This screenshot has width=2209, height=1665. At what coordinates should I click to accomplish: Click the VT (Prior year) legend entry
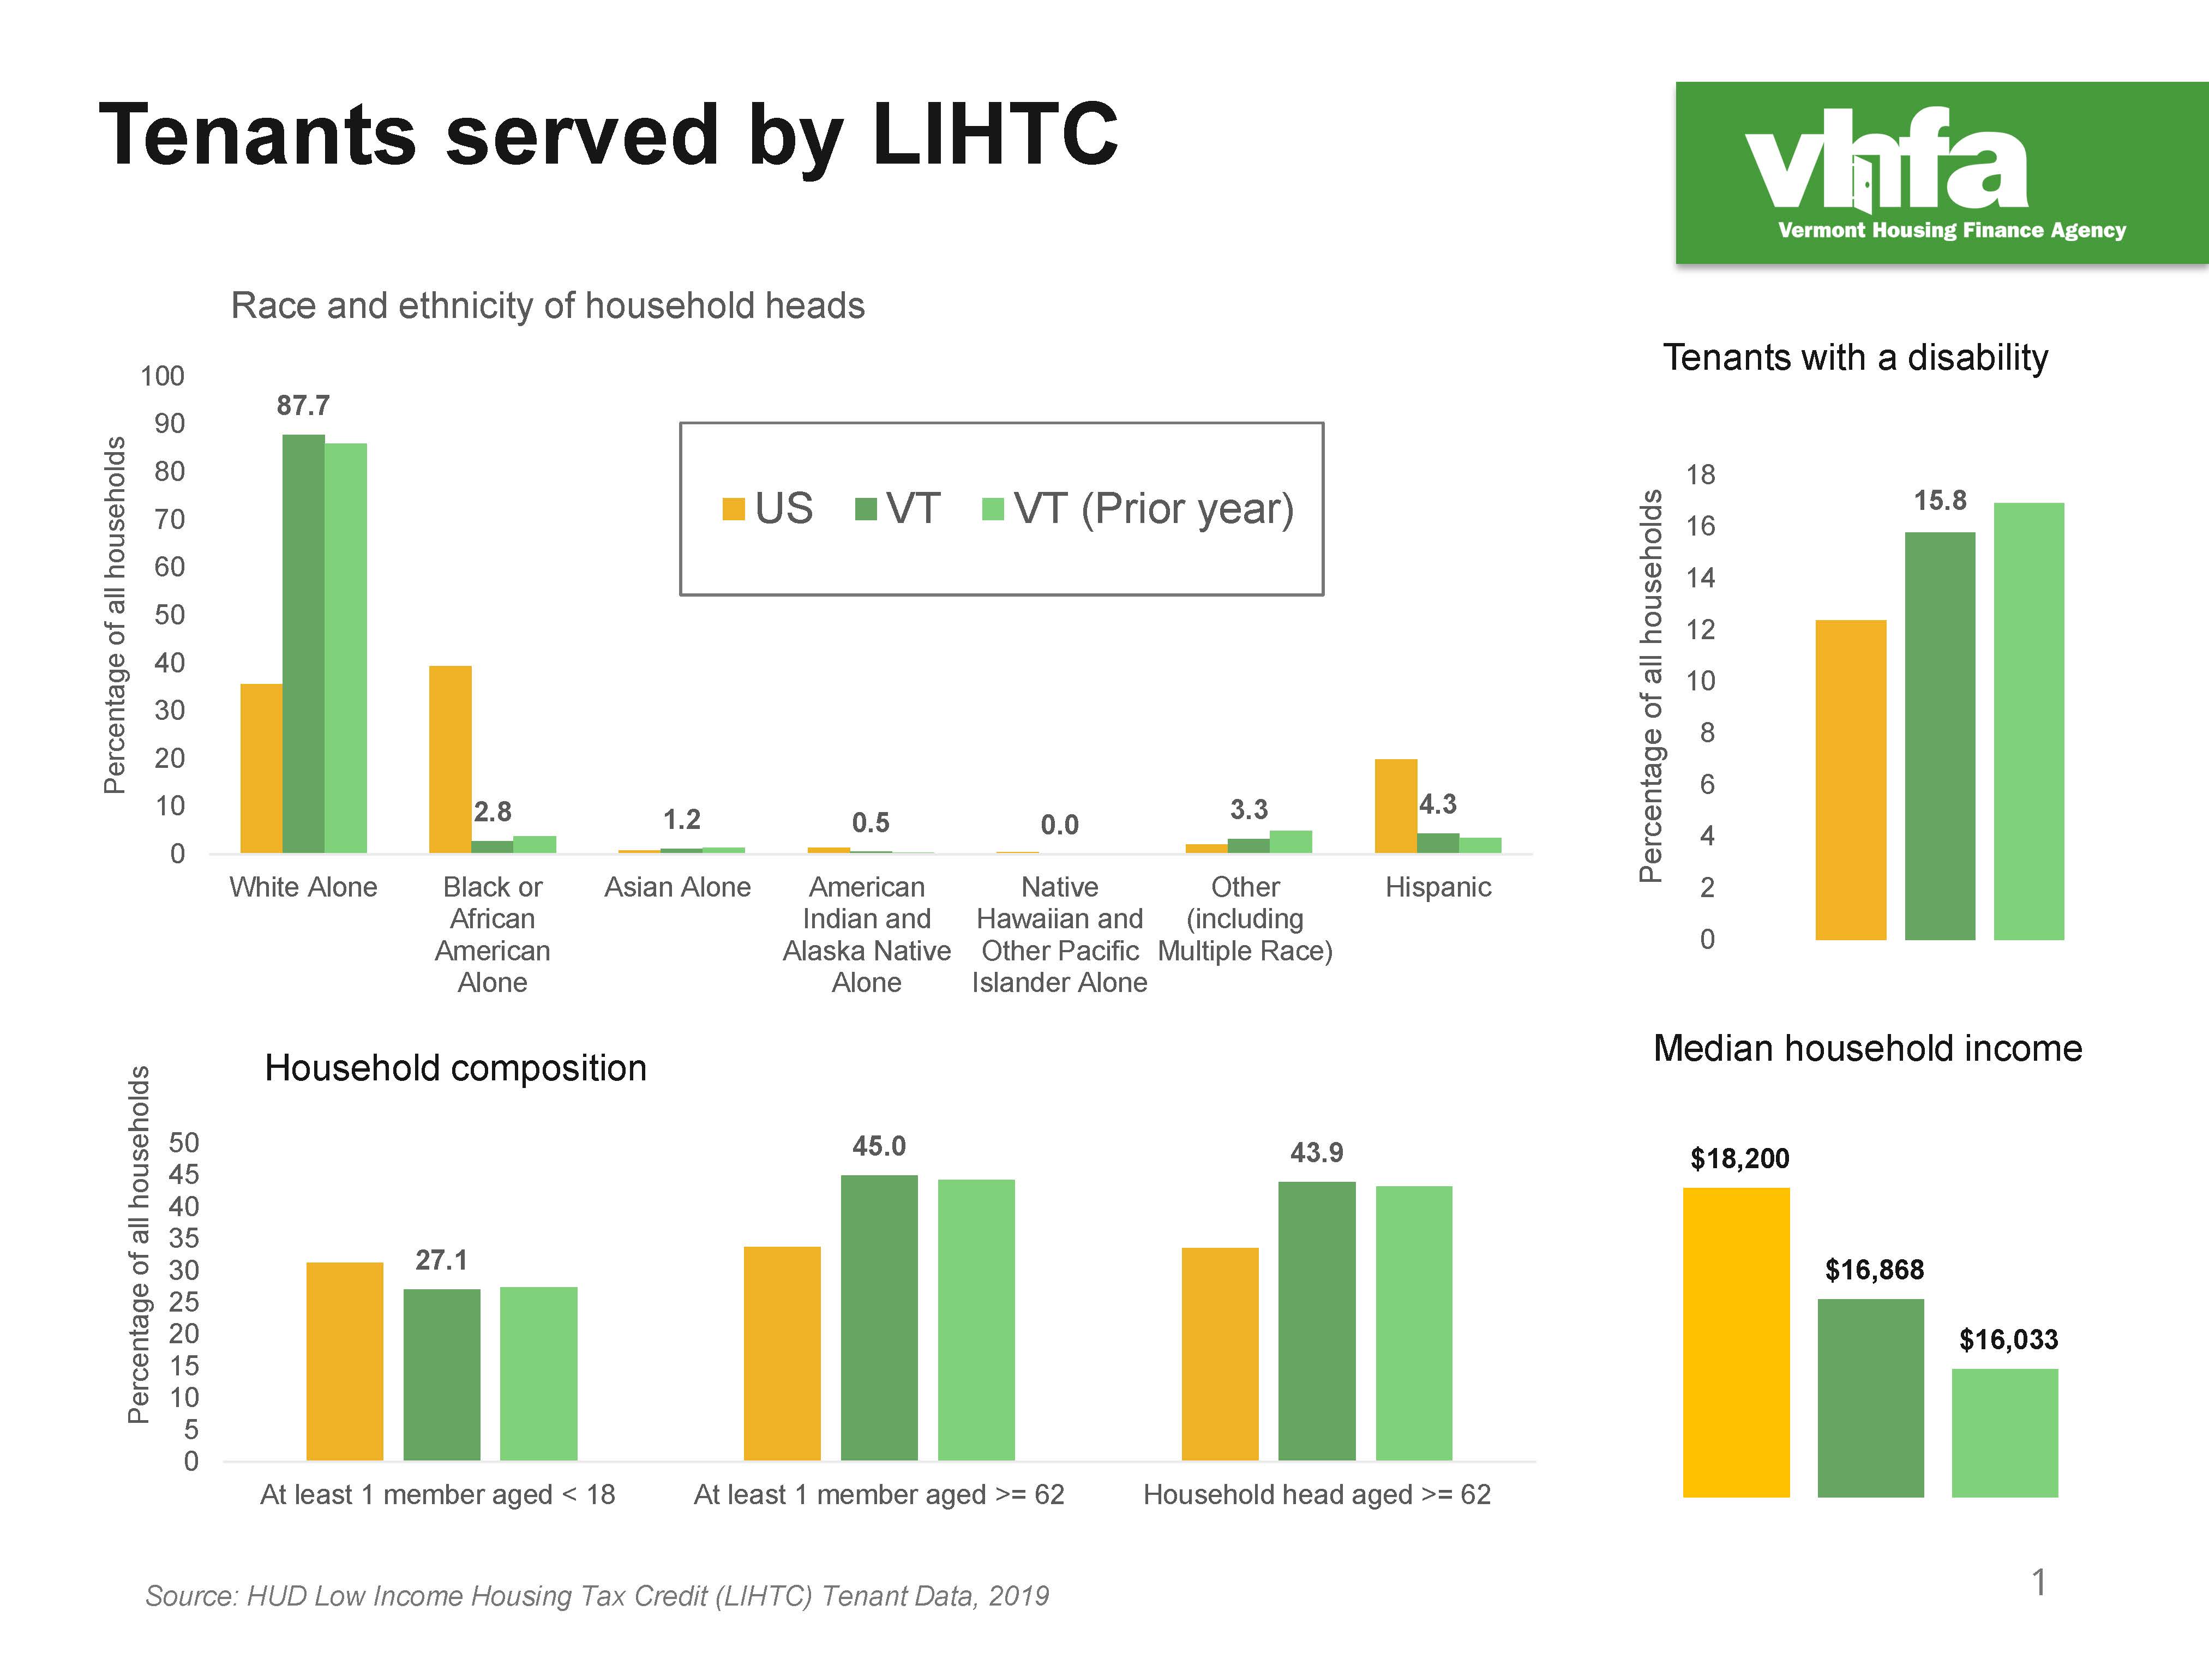pyautogui.click(x=1138, y=508)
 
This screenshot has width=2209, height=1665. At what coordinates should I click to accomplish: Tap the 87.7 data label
pyautogui.click(x=303, y=406)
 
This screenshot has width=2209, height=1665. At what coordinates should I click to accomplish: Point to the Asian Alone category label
pyautogui.click(x=677, y=887)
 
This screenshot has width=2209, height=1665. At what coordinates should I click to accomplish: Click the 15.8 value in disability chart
pyautogui.click(x=1940, y=501)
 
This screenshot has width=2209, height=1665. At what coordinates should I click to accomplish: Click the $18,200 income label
pyautogui.click(x=1739, y=1158)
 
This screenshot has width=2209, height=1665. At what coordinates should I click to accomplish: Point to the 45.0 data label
pyautogui.click(x=879, y=1146)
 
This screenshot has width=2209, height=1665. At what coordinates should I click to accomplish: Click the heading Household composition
pyautogui.click(x=455, y=1068)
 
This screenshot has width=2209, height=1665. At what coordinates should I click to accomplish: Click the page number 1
pyautogui.click(x=2039, y=1582)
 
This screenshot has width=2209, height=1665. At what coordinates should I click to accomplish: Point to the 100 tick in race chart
pyautogui.click(x=162, y=376)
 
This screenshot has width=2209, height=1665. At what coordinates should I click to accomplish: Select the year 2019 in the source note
pyautogui.click(x=1019, y=1596)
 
